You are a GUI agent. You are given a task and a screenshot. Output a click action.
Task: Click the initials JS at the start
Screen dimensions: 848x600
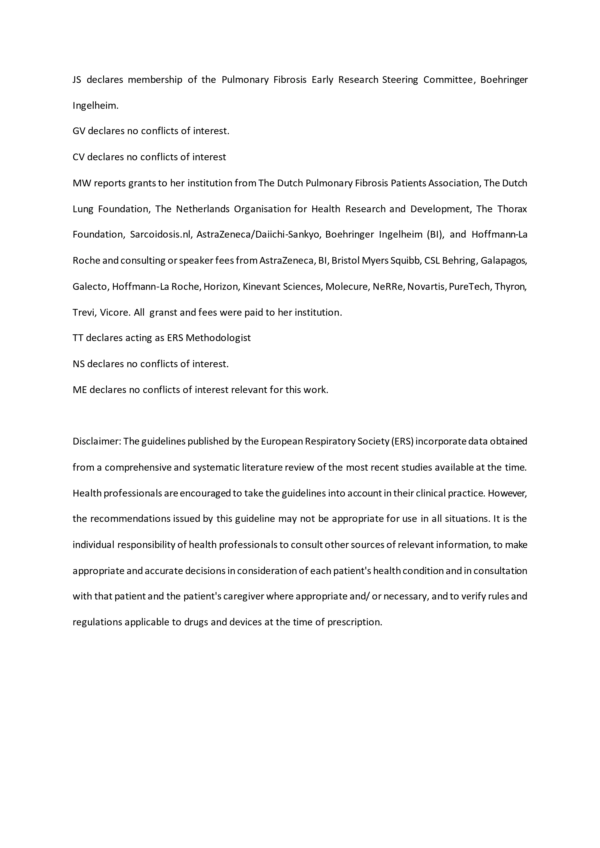[x=77, y=80]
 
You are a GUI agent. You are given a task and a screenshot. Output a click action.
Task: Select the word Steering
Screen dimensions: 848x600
[x=400, y=80]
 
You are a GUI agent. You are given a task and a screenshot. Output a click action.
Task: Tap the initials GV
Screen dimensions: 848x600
[x=79, y=131]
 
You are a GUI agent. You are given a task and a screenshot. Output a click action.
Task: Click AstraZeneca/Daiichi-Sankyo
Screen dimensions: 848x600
[x=258, y=235]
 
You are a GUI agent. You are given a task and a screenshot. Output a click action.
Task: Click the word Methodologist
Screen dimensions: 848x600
[x=218, y=338]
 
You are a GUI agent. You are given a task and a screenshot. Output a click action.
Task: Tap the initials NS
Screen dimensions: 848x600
[x=78, y=364]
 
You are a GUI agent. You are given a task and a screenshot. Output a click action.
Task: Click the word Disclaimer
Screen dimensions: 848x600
[x=97, y=442]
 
